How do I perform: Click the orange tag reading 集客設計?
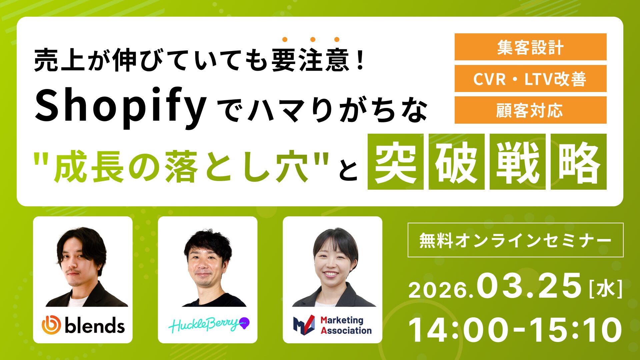click(x=530, y=47)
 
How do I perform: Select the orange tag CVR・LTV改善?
click(x=530, y=79)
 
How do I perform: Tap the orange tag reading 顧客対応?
click(x=530, y=110)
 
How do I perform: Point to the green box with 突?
click(x=395, y=162)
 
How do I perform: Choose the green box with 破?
click(x=456, y=162)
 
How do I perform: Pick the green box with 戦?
click(x=517, y=162)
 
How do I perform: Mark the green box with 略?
click(x=578, y=162)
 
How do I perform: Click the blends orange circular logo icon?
click(x=51, y=325)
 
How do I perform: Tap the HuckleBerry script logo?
click(x=209, y=324)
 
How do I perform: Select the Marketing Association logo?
click(x=332, y=325)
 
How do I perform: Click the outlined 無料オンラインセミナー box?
click(x=515, y=240)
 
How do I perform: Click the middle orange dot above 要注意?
click(x=313, y=40)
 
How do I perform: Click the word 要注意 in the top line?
click(x=311, y=60)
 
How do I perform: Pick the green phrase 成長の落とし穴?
click(x=181, y=166)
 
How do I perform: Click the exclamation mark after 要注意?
click(x=360, y=60)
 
